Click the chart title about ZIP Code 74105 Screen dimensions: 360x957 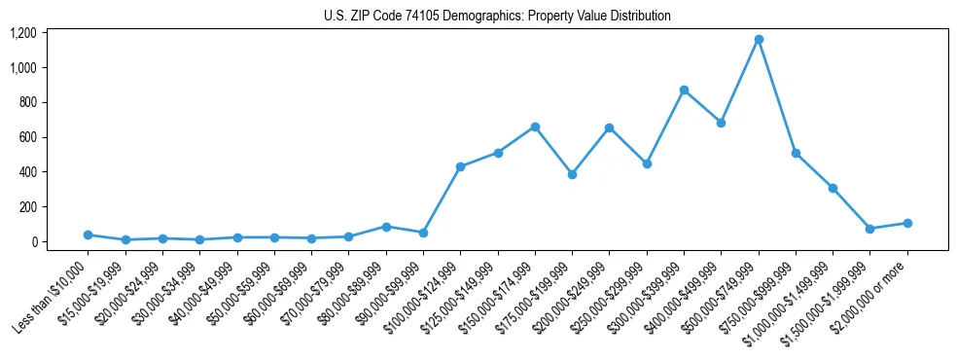pos(497,16)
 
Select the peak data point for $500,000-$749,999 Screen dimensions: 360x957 pos(759,39)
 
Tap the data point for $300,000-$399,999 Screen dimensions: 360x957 pos(684,90)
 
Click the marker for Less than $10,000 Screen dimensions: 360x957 pos(88,234)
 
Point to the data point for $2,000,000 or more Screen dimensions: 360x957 pos(907,223)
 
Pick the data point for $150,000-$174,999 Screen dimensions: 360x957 pos(535,126)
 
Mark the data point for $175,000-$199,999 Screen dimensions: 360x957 pos(572,174)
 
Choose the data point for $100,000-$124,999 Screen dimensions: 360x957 pos(460,166)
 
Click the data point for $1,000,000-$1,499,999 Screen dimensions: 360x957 pos(833,188)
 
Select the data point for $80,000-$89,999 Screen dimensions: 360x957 pos(386,227)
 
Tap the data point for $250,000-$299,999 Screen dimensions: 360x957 pos(647,163)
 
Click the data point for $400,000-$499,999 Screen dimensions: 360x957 pos(721,123)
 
